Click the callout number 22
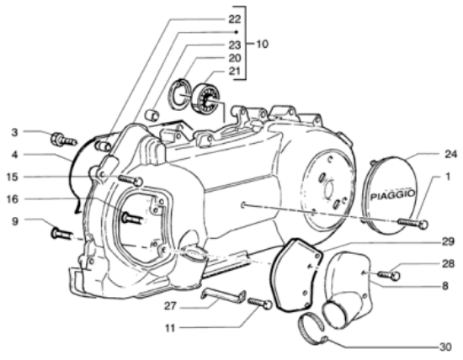click(x=235, y=19)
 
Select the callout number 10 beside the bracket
click(x=262, y=44)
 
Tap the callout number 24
click(x=450, y=154)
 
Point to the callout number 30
click(x=445, y=347)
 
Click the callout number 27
click(x=170, y=306)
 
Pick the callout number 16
click(x=13, y=199)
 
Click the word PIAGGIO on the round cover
click(x=393, y=195)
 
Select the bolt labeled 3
click(x=64, y=140)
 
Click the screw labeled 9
click(x=62, y=234)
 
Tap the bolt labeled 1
click(x=412, y=224)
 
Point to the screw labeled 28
click(x=389, y=275)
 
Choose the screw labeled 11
click(x=259, y=303)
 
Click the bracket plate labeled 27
click(x=223, y=295)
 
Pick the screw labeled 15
click(x=130, y=180)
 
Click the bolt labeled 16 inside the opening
click(x=132, y=219)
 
